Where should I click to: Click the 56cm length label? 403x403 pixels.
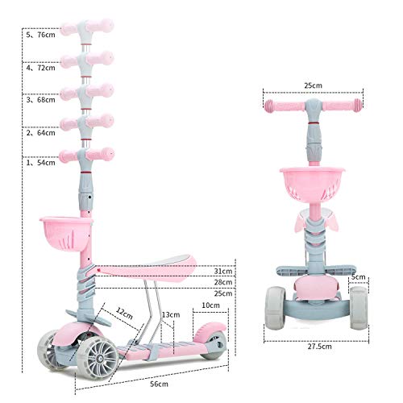click(x=159, y=384)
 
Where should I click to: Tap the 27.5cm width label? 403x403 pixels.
click(x=320, y=347)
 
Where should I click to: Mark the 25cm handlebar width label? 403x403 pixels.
click(x=313, y=85)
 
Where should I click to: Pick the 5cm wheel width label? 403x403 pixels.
click(x=359, y=276)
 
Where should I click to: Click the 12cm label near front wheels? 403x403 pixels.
click(x=124, y=313)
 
